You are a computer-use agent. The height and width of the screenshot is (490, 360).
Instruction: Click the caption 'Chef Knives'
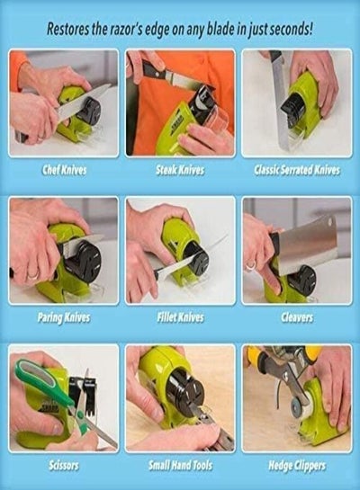point(64,170)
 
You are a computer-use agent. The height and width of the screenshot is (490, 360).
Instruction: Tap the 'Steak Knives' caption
point(180,170)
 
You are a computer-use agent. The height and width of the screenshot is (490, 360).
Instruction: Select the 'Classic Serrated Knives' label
point(296,170)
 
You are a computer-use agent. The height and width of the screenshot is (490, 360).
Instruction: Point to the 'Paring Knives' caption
point(64,317)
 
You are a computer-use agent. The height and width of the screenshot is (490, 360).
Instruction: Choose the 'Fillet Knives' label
point(180,317)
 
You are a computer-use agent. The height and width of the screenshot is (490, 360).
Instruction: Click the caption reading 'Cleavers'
point(297,317)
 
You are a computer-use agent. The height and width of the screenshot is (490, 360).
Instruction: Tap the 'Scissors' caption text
point(64,466)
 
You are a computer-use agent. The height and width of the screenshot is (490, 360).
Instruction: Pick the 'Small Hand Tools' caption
point(180,466)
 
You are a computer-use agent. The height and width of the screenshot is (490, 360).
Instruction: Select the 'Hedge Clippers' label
point(297,466)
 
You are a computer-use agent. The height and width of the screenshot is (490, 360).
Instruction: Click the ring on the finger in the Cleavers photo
point(249,266)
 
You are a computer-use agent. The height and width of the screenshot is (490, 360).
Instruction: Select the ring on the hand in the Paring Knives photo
point(33,275)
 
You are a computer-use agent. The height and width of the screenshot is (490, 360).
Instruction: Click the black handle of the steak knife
point(154,69)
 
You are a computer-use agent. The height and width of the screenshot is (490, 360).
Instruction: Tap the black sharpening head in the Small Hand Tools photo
point(185,388)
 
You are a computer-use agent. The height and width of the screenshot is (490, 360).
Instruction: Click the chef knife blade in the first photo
point(82,102)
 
